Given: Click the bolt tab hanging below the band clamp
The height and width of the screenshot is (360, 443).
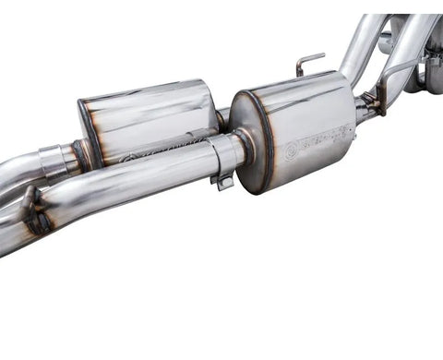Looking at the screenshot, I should point(222,181).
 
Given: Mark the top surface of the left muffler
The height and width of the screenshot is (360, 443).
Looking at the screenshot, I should point(148,93).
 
